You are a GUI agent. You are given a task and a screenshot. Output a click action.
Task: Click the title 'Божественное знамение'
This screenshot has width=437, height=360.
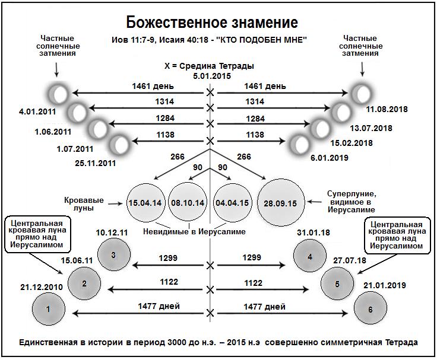(x=211, y=23)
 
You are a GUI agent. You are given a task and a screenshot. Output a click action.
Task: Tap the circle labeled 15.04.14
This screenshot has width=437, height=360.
(x=144, y=203)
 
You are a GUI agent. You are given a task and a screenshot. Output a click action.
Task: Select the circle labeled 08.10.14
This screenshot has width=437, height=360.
(x=187, y=203)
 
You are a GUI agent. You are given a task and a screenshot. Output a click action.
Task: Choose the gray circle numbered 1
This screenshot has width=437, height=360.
(x=49, y=308)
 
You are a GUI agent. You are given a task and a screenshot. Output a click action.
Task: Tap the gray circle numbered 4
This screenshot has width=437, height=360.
(x=309, y=257)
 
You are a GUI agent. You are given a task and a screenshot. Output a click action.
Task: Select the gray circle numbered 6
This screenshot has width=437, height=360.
(x=370, y=310)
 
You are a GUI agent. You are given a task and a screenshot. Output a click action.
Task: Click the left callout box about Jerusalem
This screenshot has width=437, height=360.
(x=37, y=234)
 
